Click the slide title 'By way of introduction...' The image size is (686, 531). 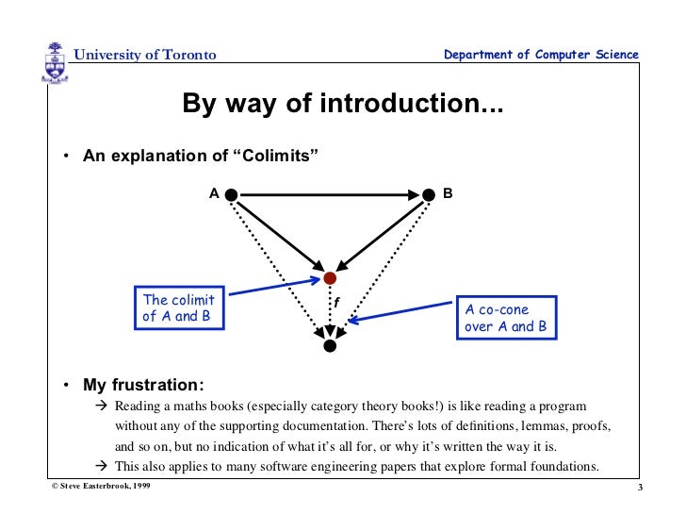[342, 104]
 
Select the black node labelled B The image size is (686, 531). [430, 194]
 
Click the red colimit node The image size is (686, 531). [330, 278]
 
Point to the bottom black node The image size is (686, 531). [329, 346]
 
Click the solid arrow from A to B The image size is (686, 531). [330, 194]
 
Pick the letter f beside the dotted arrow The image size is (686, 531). [336, 302]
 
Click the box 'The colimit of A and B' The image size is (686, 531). [178, 307]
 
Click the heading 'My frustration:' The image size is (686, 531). [143, 386]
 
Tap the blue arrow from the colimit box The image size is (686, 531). [272, 287]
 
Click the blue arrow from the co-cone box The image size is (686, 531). [401, 312]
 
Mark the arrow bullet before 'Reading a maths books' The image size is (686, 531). [103, 407]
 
